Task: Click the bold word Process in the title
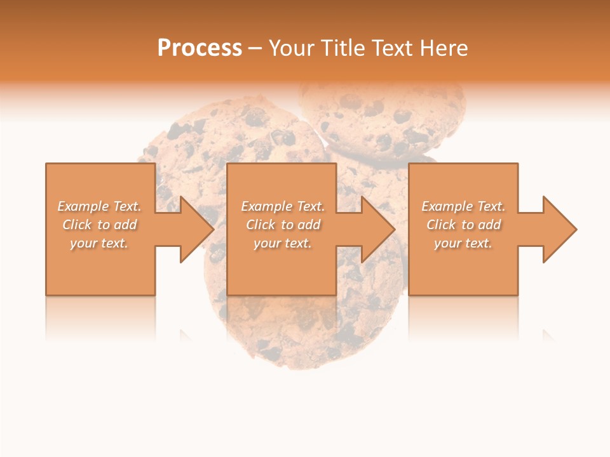click(200, 48)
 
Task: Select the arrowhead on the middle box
click(377, 229)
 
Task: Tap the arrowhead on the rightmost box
click(559, 229)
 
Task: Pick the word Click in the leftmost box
click(78, 225)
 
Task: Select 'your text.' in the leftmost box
click(99, 243)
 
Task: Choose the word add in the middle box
click(309, 225)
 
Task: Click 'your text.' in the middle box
click(282, 243)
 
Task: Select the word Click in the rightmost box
click(441, 225)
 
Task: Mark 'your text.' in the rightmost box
click(463, 243)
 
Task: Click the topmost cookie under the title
click(381, 117)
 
